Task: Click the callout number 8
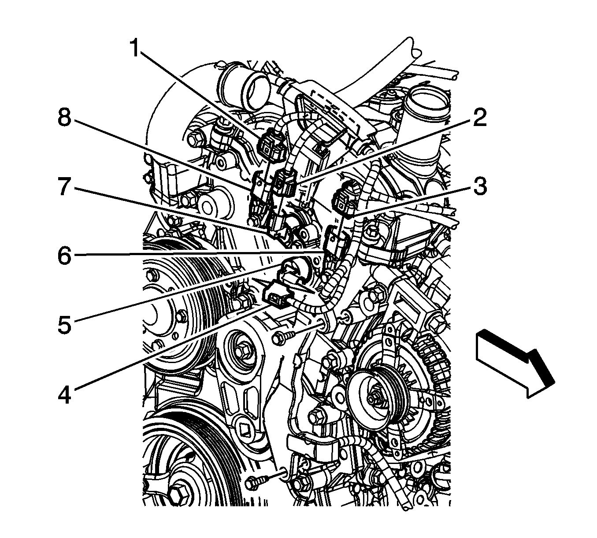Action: (x=65, y=118)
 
